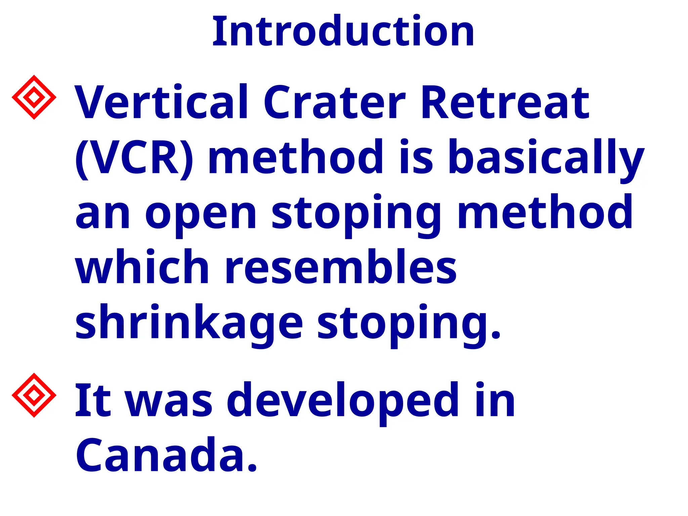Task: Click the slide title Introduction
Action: coord(343,32)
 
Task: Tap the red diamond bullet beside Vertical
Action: coord(34,97)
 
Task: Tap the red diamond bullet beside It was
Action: coord(34,395)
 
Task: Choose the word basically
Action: coord(546,158)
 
